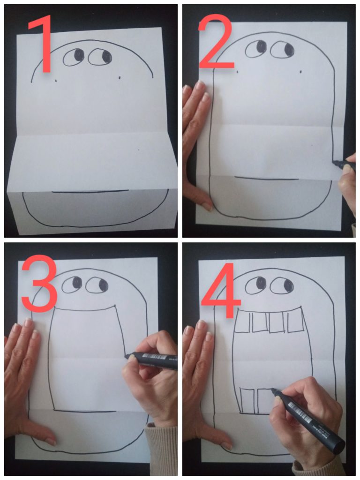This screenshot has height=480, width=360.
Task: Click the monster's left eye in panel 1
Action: (74, 57)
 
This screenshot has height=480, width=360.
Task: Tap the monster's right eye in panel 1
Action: (100, 57)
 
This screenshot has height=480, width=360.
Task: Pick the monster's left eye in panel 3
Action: (72, 285)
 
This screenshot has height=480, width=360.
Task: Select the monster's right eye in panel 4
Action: (282, 285)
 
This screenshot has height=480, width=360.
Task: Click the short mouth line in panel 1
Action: (90, 192)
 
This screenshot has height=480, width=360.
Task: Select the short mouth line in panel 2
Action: (266, 178)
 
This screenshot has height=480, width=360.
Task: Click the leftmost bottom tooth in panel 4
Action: (247, 401)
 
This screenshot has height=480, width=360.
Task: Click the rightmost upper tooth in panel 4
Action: (296, 322)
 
